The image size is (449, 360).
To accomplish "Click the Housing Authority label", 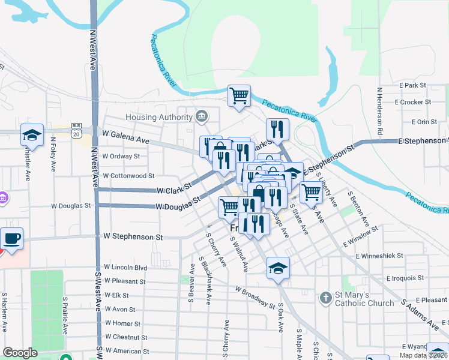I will point(160,116).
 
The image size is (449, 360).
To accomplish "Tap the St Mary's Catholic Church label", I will point(364,299).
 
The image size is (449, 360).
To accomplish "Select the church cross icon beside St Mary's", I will point(325,298).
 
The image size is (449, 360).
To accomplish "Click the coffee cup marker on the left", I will point(12,239).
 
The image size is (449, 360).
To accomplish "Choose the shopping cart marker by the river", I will point(239,95).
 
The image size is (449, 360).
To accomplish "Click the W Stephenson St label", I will point(133,237).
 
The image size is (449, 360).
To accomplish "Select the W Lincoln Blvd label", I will point(125,266).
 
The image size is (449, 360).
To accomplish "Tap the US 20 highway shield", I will point(76,130).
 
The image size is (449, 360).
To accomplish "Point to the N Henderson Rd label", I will point(380,111).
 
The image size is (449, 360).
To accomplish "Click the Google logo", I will point(20,353).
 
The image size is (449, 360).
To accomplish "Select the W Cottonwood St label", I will point(129,176).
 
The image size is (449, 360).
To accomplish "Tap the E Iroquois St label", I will point(405,278).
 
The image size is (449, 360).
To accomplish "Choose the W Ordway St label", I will point(121,156).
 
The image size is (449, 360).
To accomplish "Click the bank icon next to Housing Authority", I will point(201,115).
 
